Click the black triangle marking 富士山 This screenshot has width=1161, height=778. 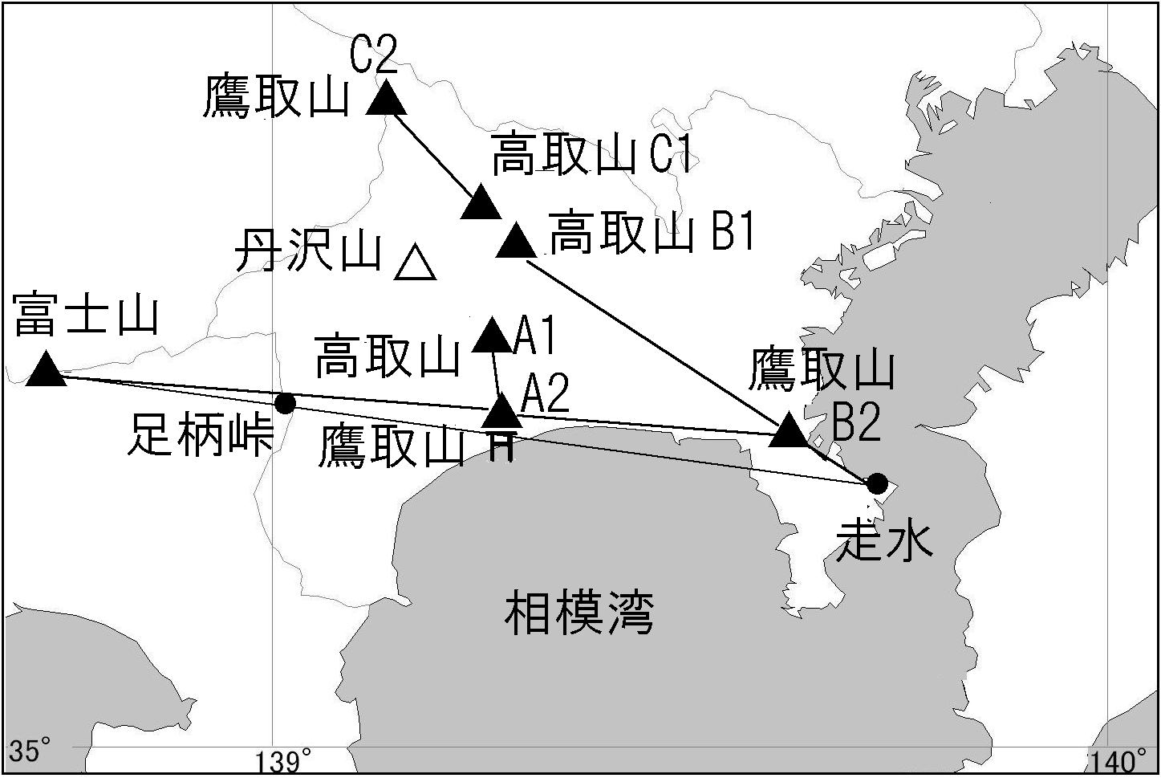[46, 371]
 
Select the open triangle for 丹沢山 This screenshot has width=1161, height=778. [415, 264]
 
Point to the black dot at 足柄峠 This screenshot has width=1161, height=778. [285, 402]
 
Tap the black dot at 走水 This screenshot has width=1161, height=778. [877, 483]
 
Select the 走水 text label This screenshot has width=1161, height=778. [884, 540]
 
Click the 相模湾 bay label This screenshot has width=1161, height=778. [578, 613]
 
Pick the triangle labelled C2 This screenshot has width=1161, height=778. [387, 98]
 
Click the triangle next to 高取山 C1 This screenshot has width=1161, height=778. [481, 202]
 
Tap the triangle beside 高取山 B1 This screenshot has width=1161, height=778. [516, 241]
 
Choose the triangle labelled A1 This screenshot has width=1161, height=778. [492, 336]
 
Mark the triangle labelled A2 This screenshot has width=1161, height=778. [503, 412]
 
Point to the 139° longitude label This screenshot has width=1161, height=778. [284, 760]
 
